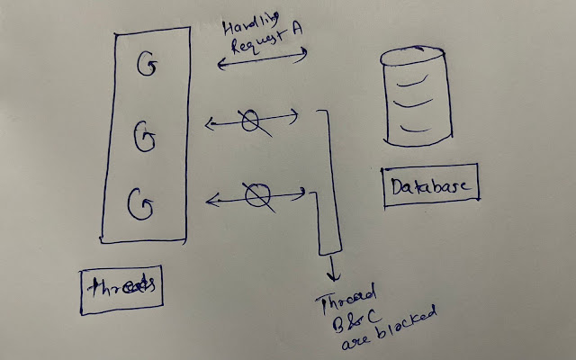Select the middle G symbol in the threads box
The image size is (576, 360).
coord(145,138)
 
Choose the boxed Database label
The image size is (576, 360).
coord(431,186)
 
